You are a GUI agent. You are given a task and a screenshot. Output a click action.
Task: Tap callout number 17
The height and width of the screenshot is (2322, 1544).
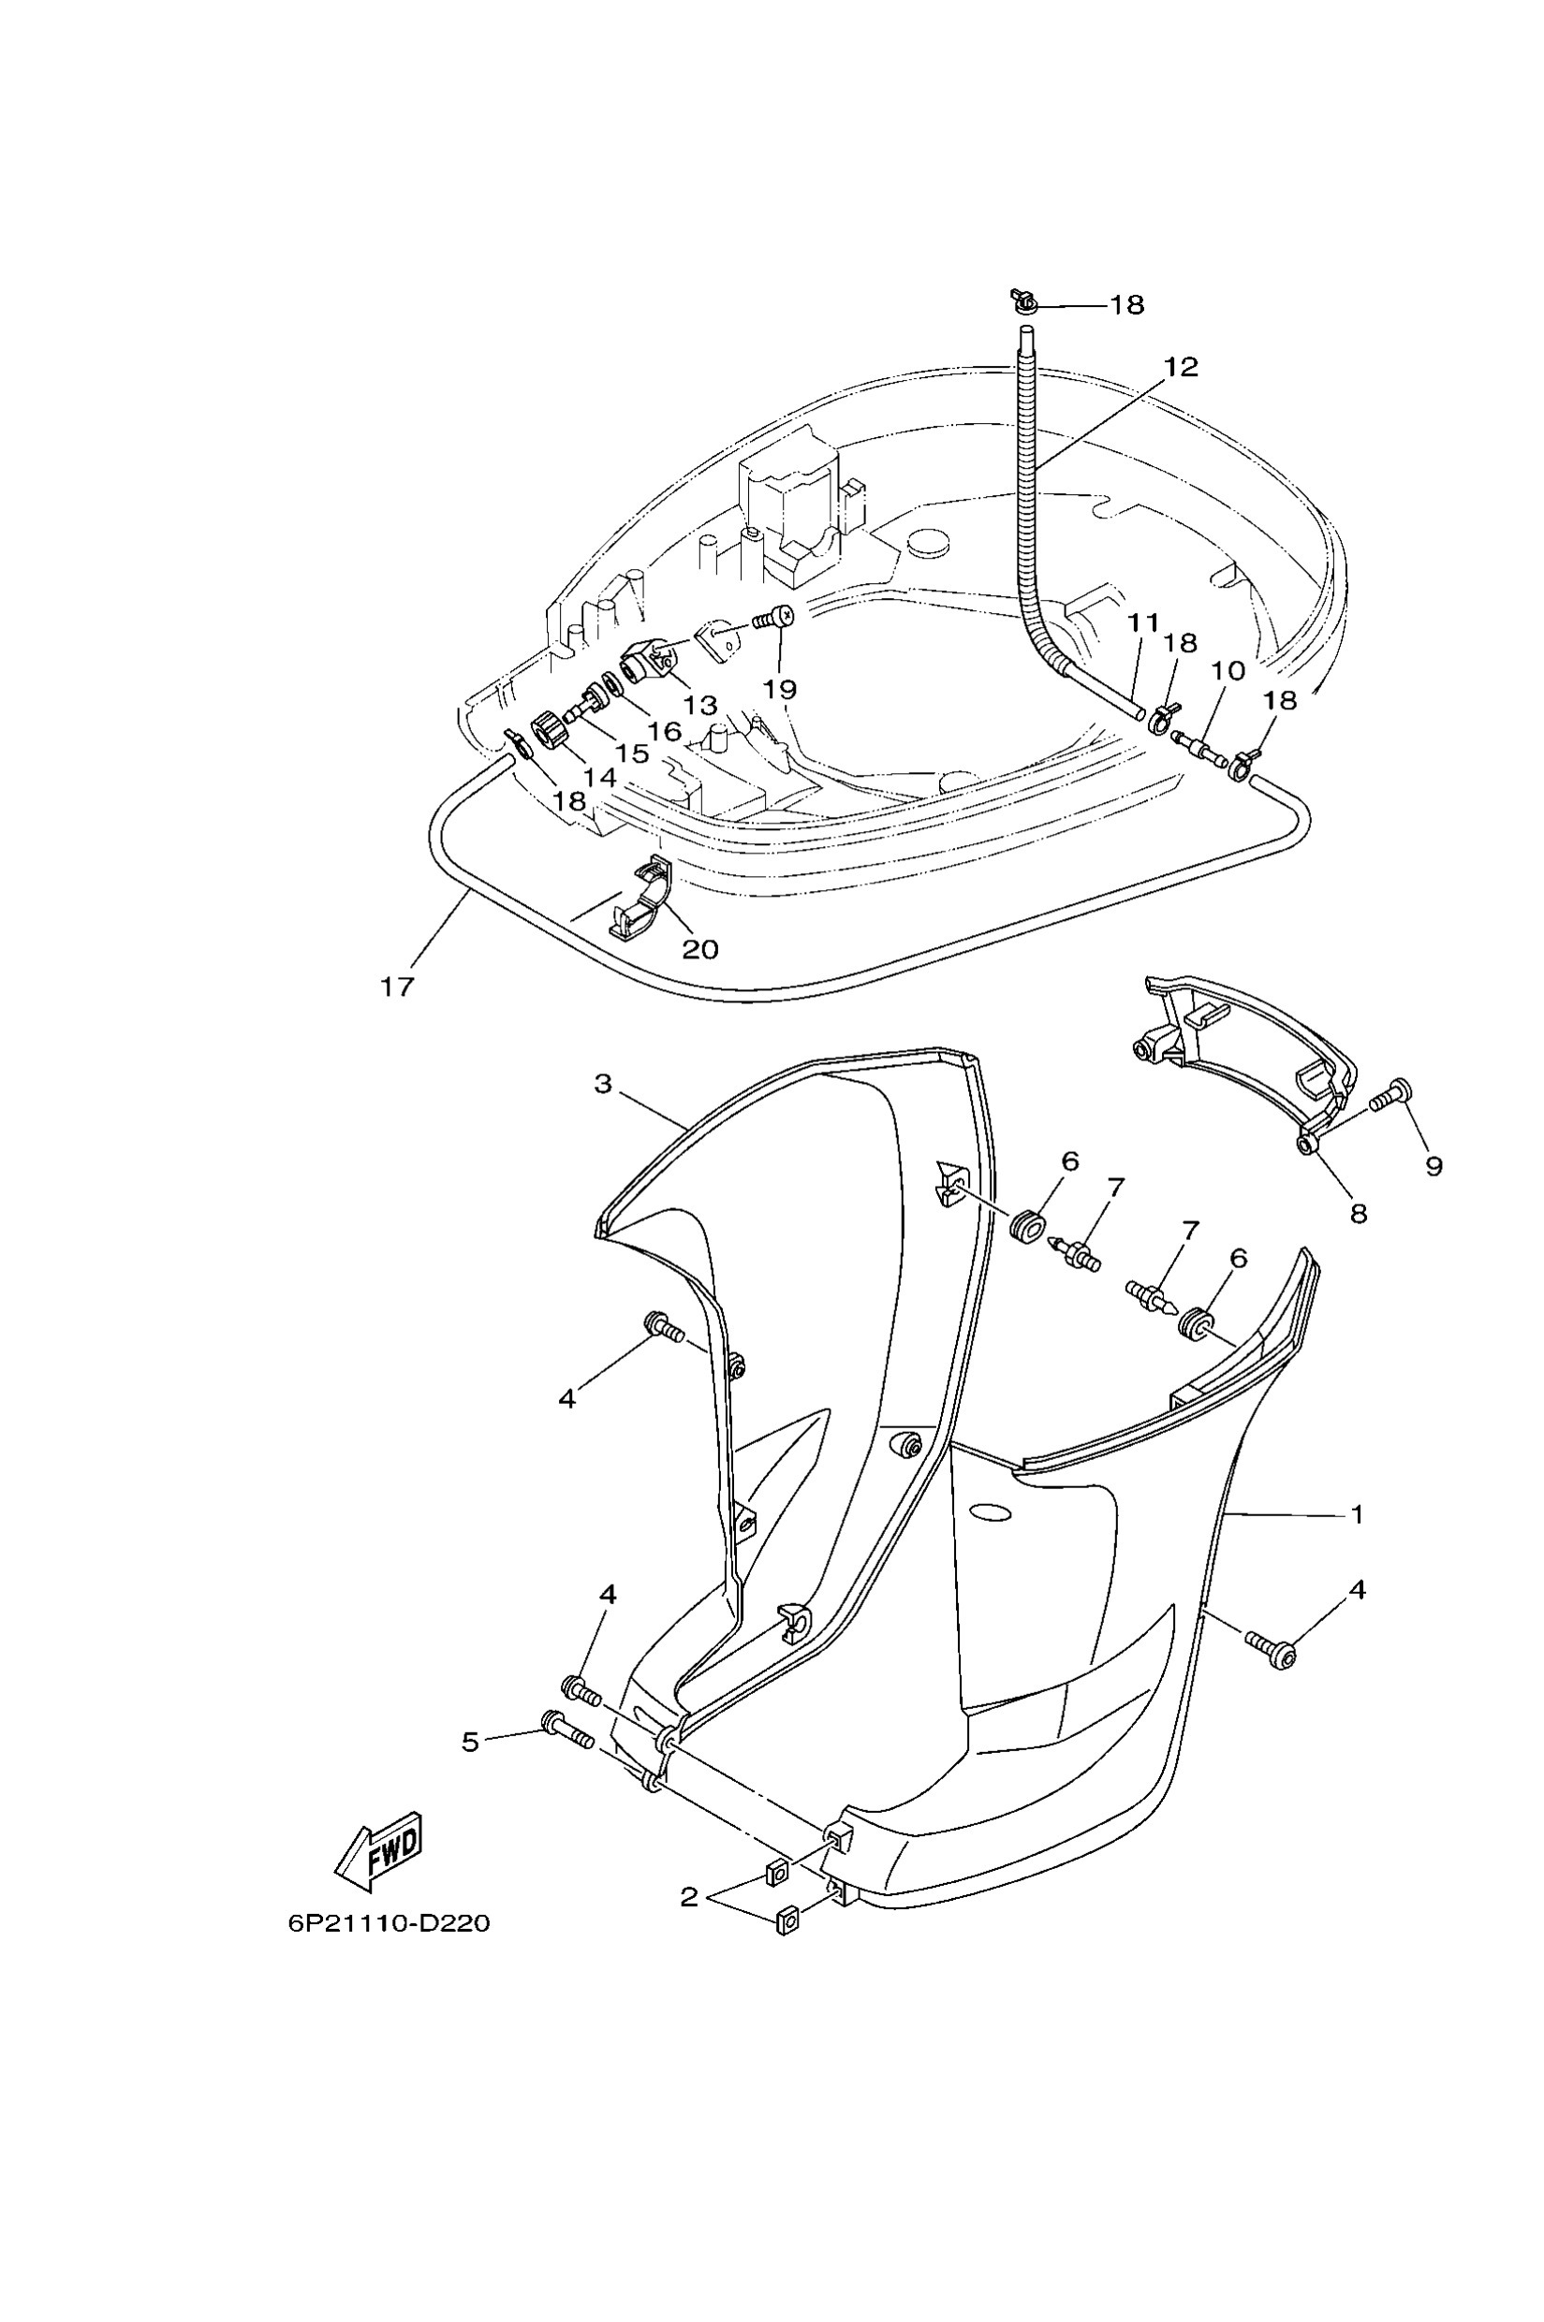tap(398, 986)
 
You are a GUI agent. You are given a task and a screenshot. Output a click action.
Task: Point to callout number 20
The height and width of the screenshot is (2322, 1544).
tap(700, 949)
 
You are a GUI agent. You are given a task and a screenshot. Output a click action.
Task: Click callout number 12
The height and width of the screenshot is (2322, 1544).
tap(1181, 367)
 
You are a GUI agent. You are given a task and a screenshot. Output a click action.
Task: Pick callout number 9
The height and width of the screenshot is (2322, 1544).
tap(1434, 1165)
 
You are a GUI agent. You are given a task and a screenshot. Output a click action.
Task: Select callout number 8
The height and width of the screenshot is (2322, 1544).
tap(1359, 1214)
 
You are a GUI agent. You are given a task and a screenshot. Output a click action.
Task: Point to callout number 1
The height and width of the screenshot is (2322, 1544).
tap(1358, 1514)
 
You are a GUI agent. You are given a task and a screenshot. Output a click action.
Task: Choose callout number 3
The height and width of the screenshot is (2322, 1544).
tap(603, 1084)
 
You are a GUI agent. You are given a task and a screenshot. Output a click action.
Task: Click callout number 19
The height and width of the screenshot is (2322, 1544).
tap(780, 689)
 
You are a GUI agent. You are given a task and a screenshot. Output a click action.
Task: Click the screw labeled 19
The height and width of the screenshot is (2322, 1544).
tap(774, 617)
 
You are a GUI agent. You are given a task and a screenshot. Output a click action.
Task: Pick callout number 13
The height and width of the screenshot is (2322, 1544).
tap(700, 706)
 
